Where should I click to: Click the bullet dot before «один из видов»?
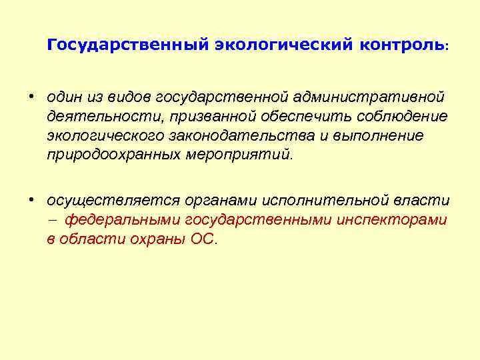pos(31,97)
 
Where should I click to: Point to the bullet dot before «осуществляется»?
pos(31,199)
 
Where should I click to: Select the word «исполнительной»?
pos(321,201)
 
